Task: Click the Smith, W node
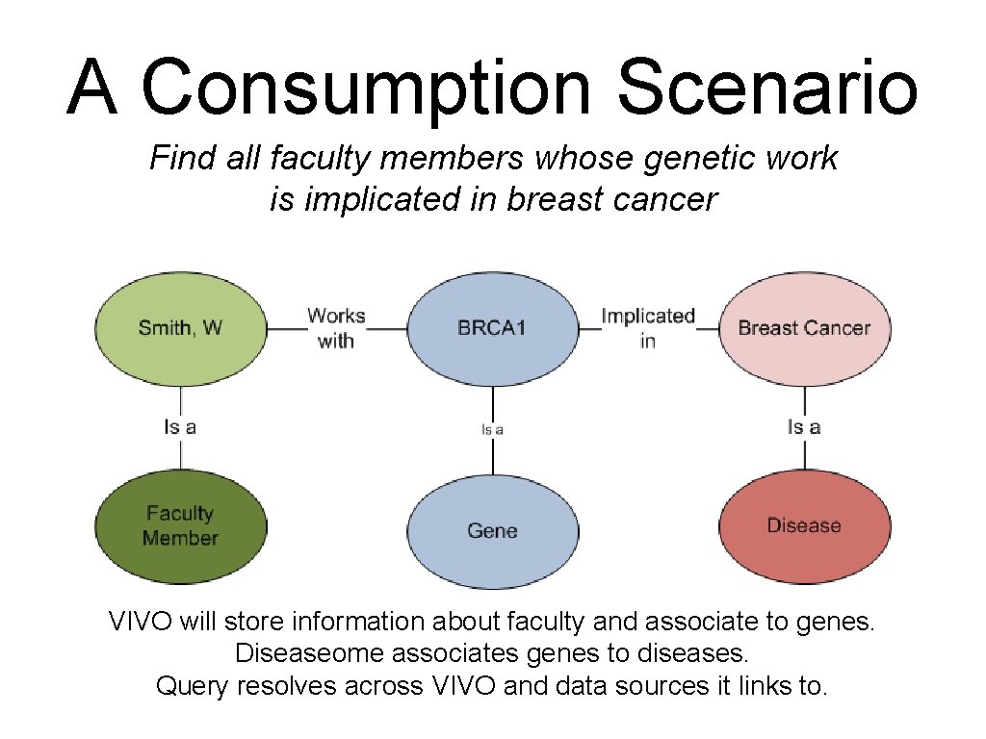tap(180, 328)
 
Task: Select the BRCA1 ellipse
tap(492, 328)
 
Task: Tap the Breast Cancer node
tap(804, 328)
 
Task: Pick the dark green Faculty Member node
tap(180, 526)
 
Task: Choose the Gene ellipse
tap(492, 530)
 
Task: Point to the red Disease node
tap(804, 526)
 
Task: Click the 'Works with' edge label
tap(336, 328)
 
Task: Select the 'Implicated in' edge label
tap(648, 328)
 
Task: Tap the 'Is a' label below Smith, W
tap(180, 427)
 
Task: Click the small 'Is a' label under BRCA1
tap(492, 430)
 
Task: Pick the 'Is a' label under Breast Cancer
tap(804, 427)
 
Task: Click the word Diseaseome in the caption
tap(308, 653)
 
